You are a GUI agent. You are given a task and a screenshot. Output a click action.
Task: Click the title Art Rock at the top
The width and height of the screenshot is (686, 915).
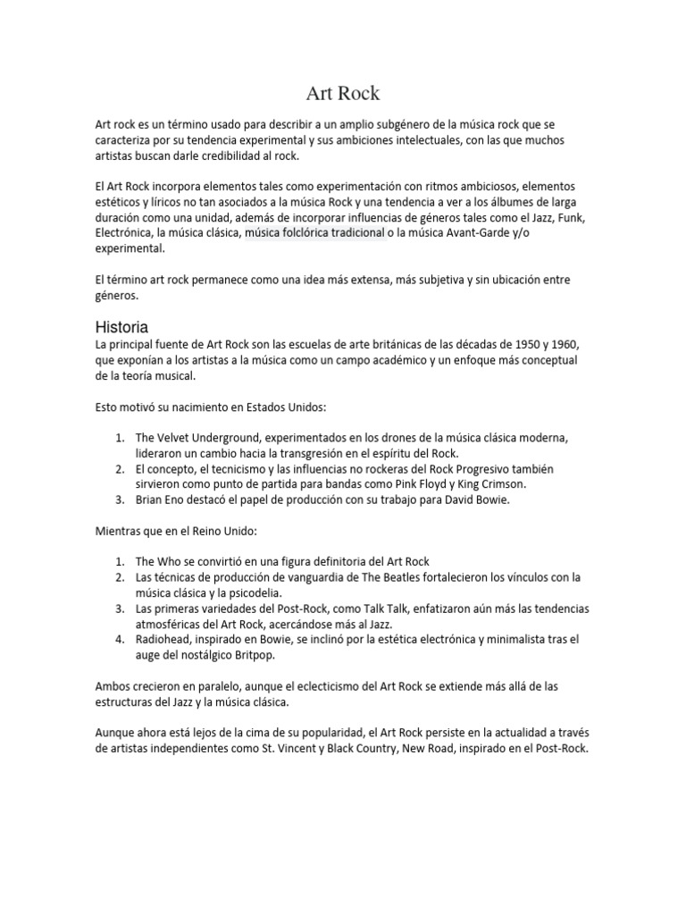click(343, 92)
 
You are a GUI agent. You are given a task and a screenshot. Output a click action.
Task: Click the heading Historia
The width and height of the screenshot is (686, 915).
click(121, 326)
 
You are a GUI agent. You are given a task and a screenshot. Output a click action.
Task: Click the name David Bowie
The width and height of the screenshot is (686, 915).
click(478, 499)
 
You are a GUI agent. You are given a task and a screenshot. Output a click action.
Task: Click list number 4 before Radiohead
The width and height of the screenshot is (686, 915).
click(120, 639)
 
